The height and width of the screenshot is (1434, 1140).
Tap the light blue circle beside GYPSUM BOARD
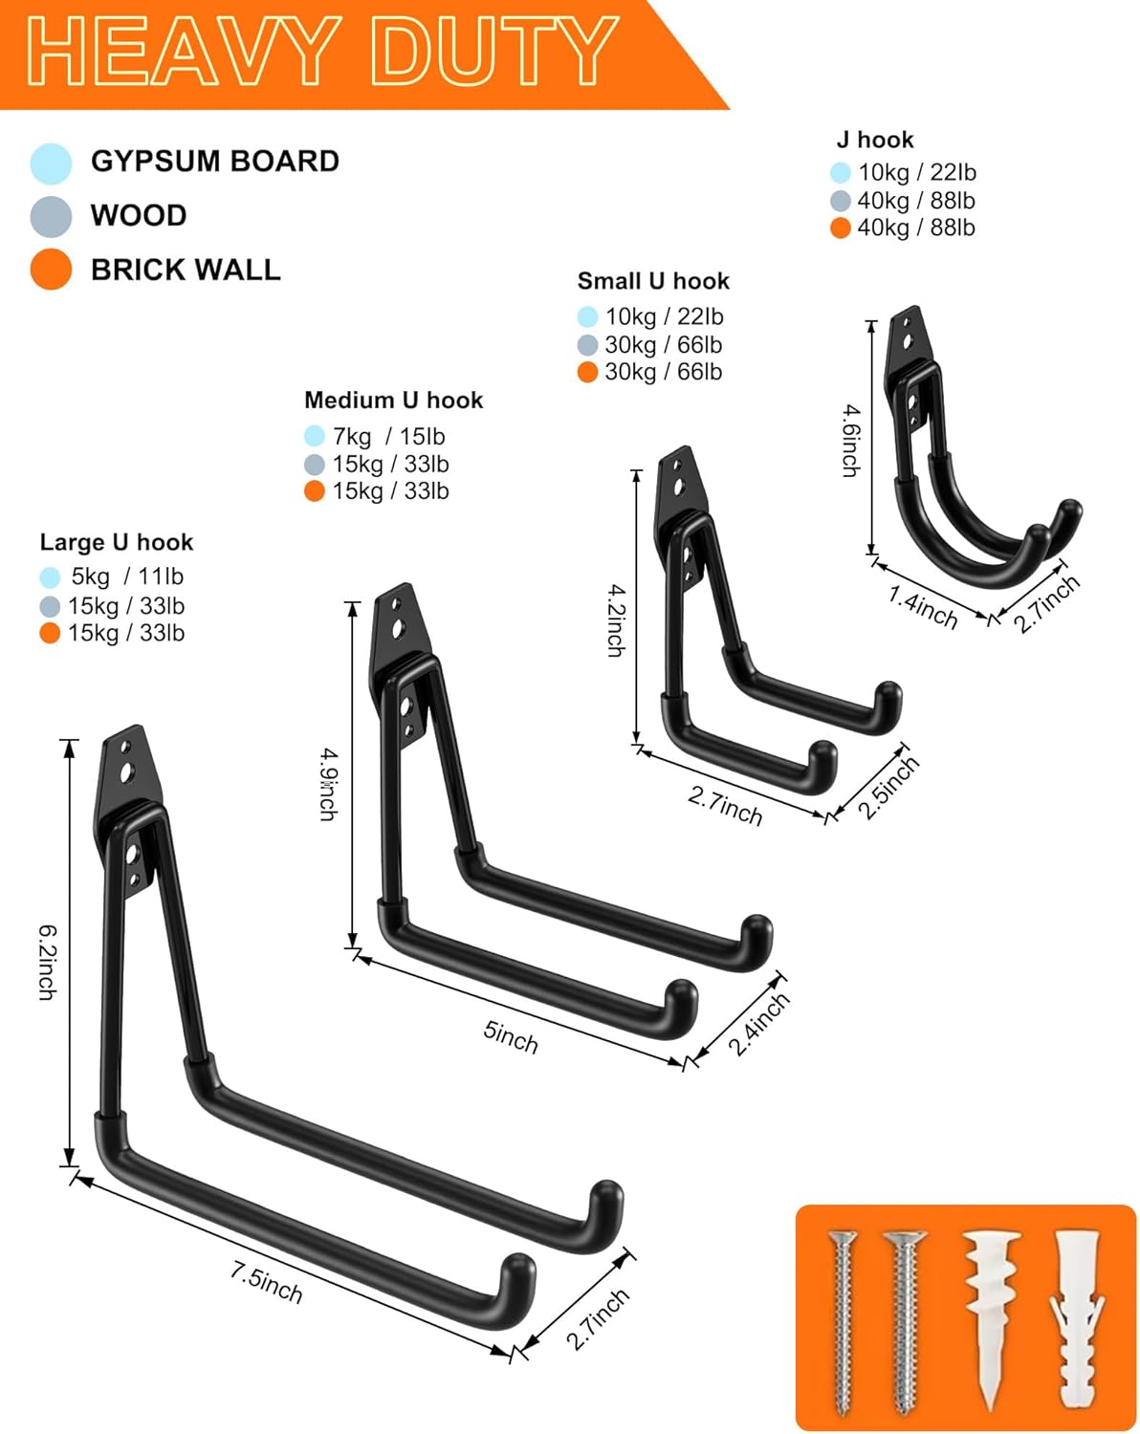click(51, 163)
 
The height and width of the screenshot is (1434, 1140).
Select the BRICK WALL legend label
click(186, 270)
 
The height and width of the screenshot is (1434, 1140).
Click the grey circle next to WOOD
click(51, 217)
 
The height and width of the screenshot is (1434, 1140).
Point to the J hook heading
click(875, 140)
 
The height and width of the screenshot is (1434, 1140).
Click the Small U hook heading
click(653, 281)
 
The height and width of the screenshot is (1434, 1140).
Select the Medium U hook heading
click(393, 400)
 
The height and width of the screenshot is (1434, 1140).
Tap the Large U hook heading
click(117, 542)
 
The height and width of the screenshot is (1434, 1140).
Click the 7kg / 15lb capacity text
click(388, 437)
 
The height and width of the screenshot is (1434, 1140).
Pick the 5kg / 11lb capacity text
click(126, 576)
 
